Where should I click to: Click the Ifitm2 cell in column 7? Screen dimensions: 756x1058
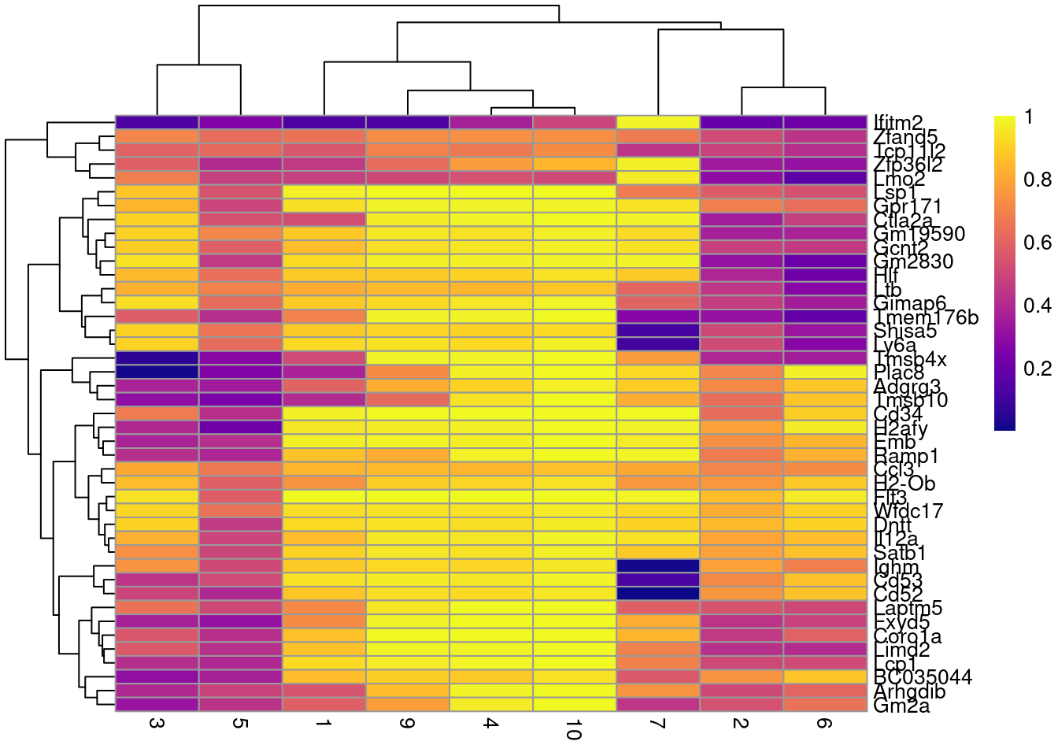coord(658,122)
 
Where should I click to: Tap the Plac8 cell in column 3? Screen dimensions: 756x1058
coord(157,372)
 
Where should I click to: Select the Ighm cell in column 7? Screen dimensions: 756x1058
coord(658,566)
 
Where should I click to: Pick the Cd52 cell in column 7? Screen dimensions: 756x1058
coord(658,594)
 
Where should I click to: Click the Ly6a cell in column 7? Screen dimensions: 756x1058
coord(658,344)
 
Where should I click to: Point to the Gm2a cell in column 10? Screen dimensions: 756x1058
coord(575,705)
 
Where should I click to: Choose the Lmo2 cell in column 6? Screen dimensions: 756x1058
coord(825,178)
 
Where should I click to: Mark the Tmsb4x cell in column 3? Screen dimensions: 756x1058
coord(157,358)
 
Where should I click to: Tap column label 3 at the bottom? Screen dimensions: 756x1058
coord(157,724)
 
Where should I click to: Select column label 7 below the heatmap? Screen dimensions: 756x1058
coord(658,724)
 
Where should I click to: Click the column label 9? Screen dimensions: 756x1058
coord(407,724)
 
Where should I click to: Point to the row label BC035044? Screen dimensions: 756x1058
coord(923,677)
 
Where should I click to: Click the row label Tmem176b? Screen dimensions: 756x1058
coord(926,317)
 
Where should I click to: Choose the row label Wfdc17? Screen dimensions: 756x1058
coord(908,511)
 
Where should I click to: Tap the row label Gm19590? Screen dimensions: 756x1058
coord(919,234)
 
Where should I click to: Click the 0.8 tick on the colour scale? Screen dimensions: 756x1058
coord(1037,180)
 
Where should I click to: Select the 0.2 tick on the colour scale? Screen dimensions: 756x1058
coord(1037,369)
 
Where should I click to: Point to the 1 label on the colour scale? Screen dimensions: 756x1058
coord(1029,117)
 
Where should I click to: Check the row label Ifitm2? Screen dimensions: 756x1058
coord(898,123)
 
